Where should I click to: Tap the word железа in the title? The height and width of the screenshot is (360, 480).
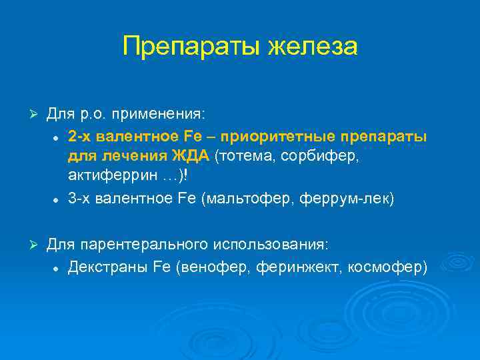[x=313, y=47]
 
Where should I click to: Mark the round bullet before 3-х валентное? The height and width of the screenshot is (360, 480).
[x=58, y=200]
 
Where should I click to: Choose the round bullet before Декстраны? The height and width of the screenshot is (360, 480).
[x=58, y=268]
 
